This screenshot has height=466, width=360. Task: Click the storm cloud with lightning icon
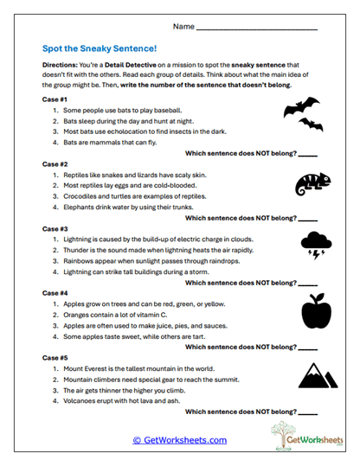pos(316,245)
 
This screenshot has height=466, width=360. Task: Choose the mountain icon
pos(317,373)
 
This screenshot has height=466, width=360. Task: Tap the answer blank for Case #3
pos(307,282)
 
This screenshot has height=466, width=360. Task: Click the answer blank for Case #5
pos(307,412)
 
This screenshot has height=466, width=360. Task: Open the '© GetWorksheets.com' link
pos(179,440)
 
